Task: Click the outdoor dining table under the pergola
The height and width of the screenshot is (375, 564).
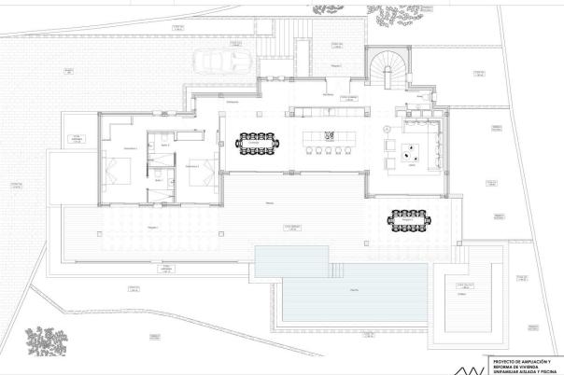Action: point(409,220)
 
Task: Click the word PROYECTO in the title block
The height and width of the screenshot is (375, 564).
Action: point(504,358)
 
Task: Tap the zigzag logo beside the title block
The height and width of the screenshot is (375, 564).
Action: point(476,364)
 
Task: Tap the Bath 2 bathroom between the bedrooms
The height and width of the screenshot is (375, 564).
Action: point(164,151)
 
